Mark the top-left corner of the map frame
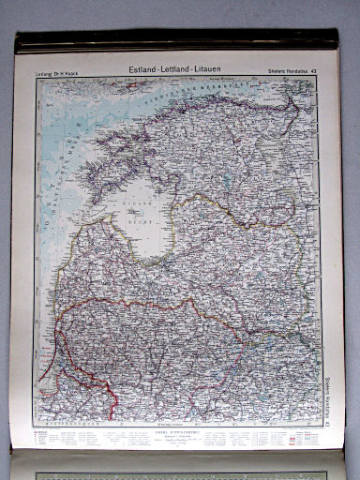tap(36, 77)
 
